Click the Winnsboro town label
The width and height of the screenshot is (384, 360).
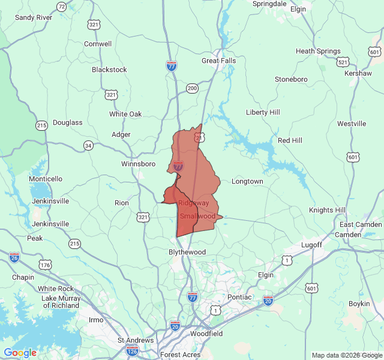138,164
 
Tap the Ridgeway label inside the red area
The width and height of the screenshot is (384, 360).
193,203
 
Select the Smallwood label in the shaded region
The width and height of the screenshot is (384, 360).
197,216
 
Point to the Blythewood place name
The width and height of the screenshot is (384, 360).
187,252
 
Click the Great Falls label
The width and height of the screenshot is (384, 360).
218,61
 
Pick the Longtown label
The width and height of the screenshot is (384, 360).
247,181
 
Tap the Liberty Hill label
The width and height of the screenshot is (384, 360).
263,112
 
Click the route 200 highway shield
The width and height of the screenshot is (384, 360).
192,88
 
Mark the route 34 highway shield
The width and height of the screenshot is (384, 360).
88,145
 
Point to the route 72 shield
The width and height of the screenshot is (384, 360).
62,7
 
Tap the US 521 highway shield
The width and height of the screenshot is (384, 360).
343,62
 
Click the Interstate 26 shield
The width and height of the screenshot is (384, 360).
14,257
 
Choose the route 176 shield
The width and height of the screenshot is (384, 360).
46,265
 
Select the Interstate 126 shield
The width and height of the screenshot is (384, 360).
133,349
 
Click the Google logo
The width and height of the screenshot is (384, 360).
20,353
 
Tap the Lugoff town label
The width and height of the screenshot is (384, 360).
312,245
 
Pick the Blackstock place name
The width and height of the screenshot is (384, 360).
109,70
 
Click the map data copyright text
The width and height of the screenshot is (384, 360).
346,355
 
